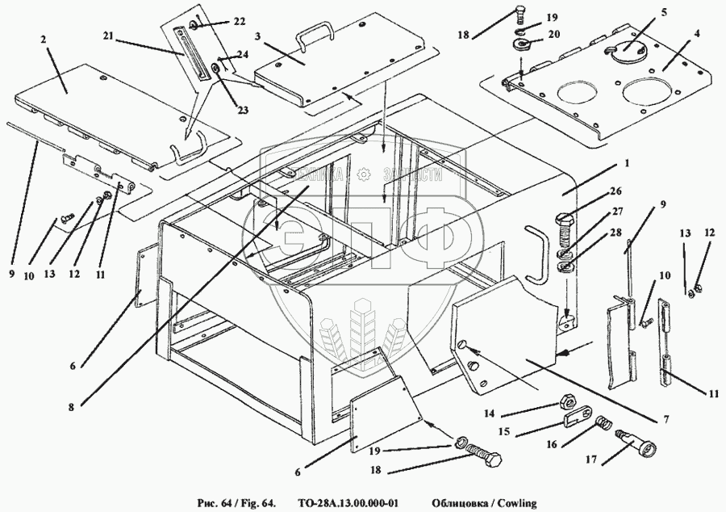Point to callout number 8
click(x=72, y=408)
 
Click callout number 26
click(x=617, y=192)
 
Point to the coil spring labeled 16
click(x=601, y=423)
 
